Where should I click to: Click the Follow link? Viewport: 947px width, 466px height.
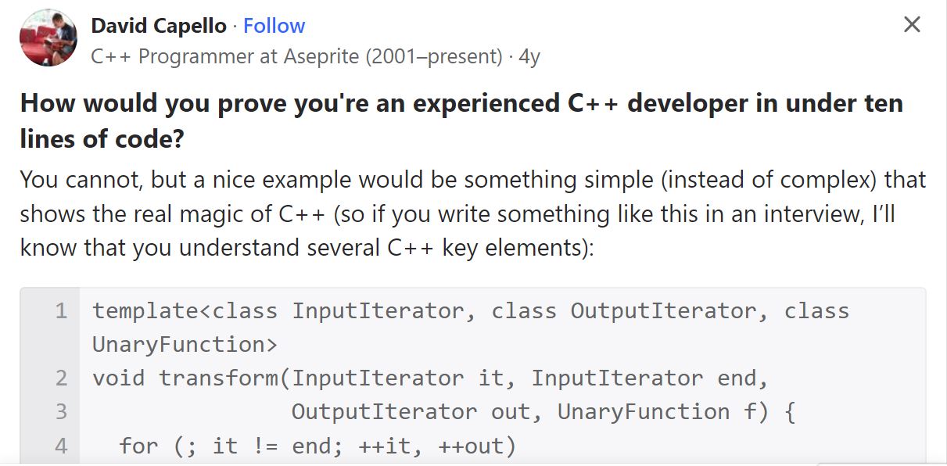coord(274,26)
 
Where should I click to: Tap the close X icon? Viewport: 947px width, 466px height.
coord(912,24)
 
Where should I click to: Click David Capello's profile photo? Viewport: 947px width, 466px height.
coord(48,38)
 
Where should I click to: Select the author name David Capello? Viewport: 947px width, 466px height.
coord(159,26)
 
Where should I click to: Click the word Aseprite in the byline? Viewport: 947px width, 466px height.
coord(321,56)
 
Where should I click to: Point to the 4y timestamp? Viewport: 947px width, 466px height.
coord(529,57)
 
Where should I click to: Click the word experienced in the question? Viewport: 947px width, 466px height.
coord(486,104)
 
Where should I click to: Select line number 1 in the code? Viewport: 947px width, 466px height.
coord(61,311)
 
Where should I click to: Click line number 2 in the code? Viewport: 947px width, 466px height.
coord(61,378)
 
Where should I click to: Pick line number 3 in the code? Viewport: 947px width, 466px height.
coord(61,412)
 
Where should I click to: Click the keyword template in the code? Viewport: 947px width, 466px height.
coord(145,311)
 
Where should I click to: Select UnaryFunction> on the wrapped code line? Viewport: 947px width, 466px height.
coord(185,345)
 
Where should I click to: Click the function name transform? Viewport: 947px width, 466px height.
coord(219,378)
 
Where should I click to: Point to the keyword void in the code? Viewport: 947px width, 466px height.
coord(119,378)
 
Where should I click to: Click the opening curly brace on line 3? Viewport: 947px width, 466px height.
coord(790,412)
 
